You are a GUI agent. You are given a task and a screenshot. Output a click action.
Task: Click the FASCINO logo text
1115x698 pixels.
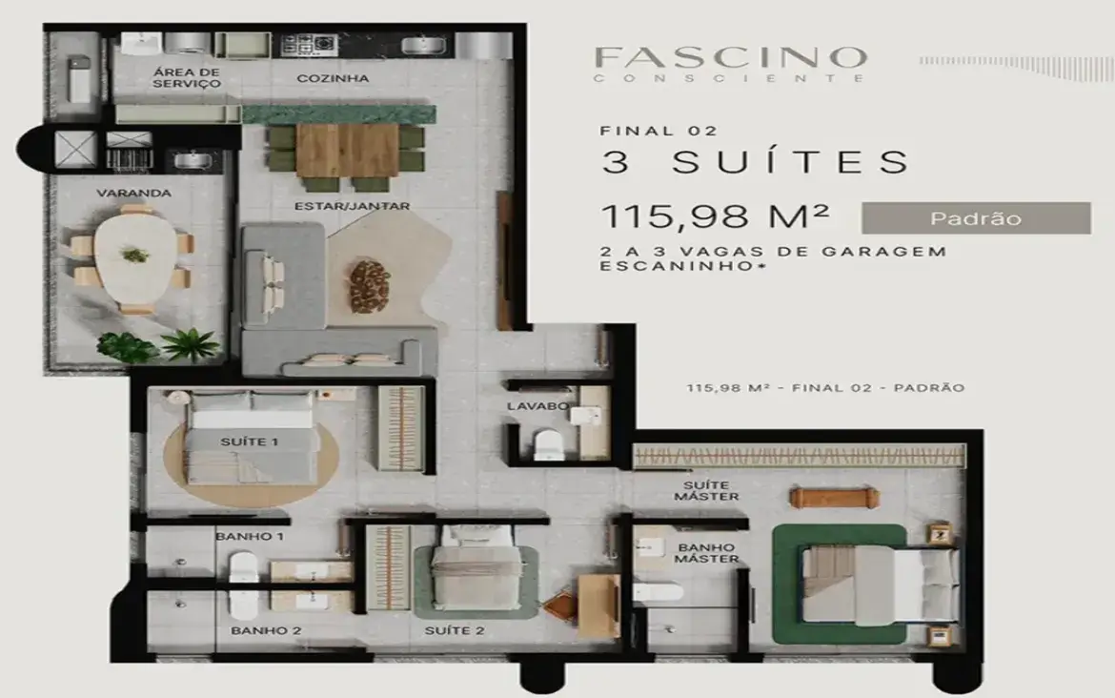tap(730, 57)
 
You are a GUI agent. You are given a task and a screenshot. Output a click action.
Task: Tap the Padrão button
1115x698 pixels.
tap(976, 218)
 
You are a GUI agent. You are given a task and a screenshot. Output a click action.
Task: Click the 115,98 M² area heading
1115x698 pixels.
tap(714, 217)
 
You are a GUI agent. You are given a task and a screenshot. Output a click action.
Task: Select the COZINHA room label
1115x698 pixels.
tap(333, 78)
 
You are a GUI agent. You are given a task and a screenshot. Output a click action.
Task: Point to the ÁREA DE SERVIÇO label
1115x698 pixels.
tap(187, 78)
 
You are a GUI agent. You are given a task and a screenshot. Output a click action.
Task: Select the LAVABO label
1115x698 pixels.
tap(537, 406)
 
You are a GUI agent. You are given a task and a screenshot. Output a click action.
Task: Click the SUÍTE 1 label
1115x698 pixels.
tap(249, 441)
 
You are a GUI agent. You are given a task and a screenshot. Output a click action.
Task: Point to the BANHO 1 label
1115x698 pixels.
tap(249, 536)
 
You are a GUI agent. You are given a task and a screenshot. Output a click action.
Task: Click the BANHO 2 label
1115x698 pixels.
tap(253, 630)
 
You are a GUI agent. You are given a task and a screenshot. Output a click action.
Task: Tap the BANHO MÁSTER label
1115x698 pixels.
tap(706, 553)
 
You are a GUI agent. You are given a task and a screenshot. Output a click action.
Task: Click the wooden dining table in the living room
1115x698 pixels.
tap(346, 151)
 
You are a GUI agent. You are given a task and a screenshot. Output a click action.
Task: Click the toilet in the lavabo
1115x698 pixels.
tap(550, 443)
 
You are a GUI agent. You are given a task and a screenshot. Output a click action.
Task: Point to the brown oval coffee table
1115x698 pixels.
tap(369, 285)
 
